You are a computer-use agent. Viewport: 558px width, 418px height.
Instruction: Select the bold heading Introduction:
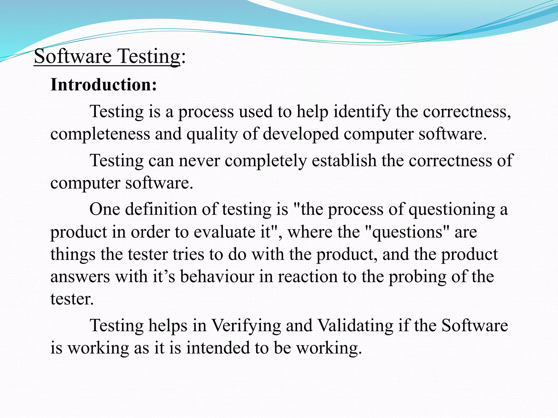[104, 85]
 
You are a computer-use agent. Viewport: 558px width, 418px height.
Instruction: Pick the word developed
[301, 134]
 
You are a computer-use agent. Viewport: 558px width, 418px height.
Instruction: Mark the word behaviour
[217, 276]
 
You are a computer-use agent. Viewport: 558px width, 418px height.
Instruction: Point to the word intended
[218, 348]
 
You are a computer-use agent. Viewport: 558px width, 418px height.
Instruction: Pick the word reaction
[308, 276]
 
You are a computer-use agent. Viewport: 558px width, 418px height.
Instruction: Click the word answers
[80, 276]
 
